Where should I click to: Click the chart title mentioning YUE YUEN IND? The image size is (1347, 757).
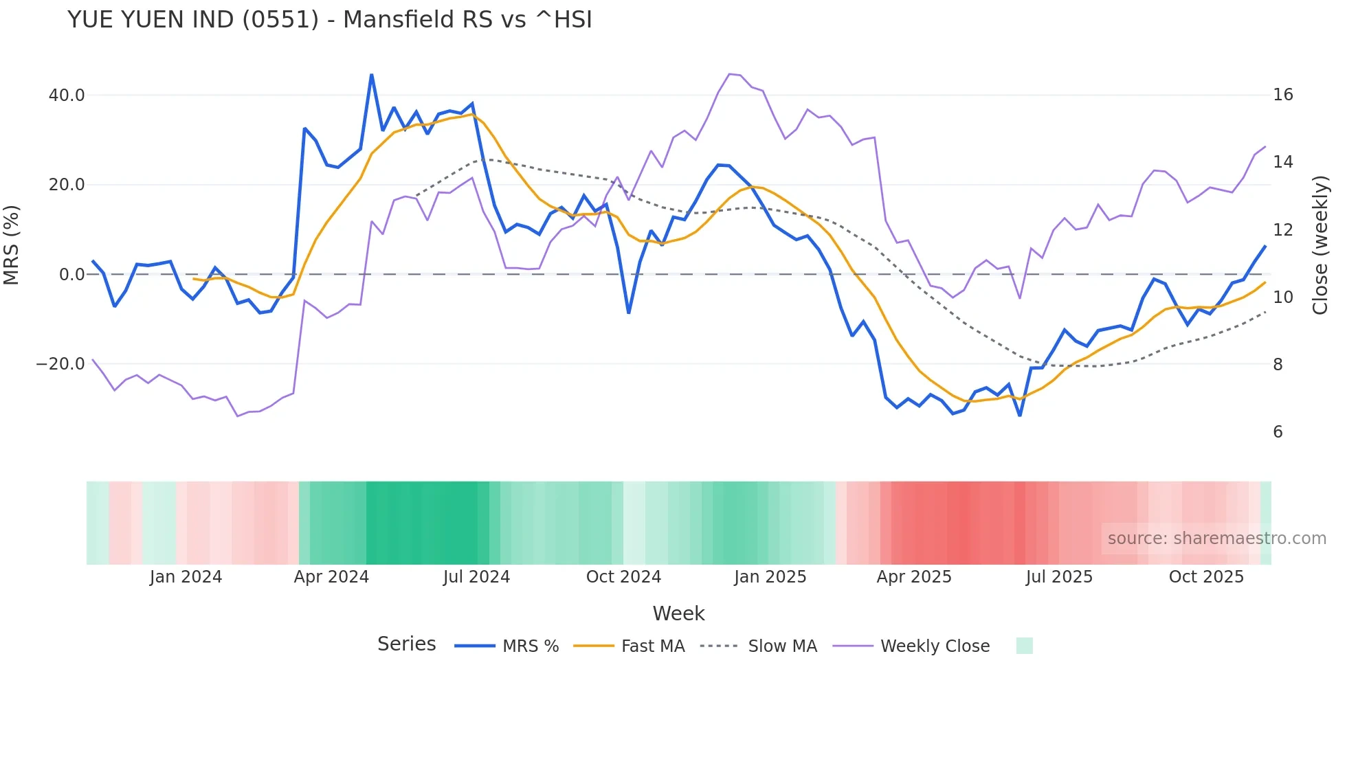click(x=329, y=20)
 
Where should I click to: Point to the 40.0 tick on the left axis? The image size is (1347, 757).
click(x=67, y=95)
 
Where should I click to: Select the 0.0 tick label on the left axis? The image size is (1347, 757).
click(x=72, y=275)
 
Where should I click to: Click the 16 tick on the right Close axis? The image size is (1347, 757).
click(x=1282, y=95)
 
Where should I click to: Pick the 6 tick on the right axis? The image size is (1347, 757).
click(x=1278, y=432)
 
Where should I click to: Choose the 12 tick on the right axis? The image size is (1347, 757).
click(x=1282, y=230)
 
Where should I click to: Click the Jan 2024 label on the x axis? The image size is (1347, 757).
click(x=186, y=577)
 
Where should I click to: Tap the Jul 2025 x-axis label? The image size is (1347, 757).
click(x=1059, y=577)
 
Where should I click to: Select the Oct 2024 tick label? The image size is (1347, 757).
click(x=623, y=577)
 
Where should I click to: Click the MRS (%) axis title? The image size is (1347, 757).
click(x=12, y=245)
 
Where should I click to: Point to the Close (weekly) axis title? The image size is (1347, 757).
click(x=1320, y=245)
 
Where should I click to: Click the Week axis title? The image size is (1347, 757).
click(x=678, y=613)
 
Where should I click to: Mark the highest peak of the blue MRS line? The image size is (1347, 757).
click(x=372, y=75)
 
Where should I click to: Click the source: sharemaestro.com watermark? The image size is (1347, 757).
click(x=1216, y=539)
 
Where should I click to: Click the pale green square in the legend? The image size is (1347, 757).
click(x=1024, y=646)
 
